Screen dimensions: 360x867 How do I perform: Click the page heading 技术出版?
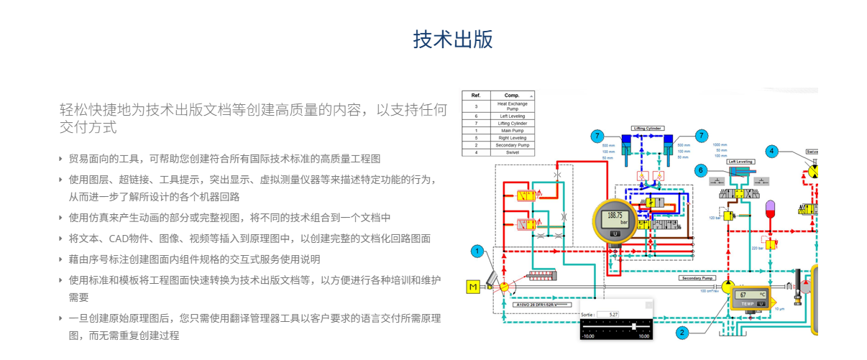tap(453, 40)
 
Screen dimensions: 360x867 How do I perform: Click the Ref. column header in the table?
tap(475, 95)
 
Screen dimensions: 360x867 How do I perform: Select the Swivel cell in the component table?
tap(512, 152)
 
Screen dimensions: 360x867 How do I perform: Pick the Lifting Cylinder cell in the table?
tap(512, 123)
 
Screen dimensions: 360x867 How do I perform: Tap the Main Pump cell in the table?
tap(512, 130)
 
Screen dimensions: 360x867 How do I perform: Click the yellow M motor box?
tap(473, 287)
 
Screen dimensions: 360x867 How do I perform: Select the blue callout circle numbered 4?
tap(771, 151)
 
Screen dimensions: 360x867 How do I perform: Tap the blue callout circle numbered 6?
tap(701, 170)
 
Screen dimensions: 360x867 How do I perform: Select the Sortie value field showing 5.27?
tap(611, 314)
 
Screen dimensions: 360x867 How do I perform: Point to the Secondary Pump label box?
tap(697, 277)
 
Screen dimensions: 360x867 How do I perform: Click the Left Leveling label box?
tap(741, 162)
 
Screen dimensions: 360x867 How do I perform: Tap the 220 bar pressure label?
tap(756, 248)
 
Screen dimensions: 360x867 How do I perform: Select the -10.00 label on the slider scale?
tap(588, 336)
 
